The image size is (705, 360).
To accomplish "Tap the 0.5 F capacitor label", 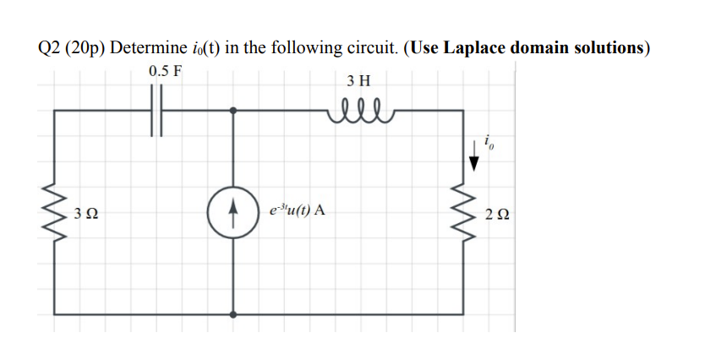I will pyautogui.click(x=165, y=71).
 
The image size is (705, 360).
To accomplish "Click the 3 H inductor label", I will pyautogui.click(x=358, y=81).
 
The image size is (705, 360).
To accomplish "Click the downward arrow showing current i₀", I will pyautogui.click(x=474, y=157).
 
